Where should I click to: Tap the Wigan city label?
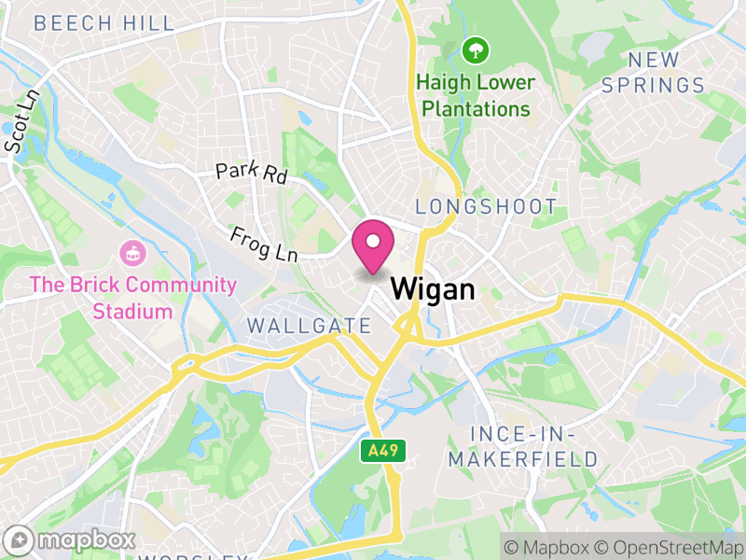click(x=433, y=288)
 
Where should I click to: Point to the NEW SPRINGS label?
click(x=653, y=73)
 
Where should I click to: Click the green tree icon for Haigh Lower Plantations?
click(x=476, y=49)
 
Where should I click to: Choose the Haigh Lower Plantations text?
click(x=476, y=95)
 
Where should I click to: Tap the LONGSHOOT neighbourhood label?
click(x=486, y=207)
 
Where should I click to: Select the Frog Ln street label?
click(x=263, y=245)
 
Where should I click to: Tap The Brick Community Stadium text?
click(x=132, y=297)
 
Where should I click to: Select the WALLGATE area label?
click(x=310, y=326)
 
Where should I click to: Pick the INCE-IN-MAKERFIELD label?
click(x=522, y=447)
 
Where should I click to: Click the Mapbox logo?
click(x=72, y=539)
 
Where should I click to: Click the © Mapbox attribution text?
click(x=548, y=546)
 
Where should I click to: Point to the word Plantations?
click(x=476, y=108)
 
